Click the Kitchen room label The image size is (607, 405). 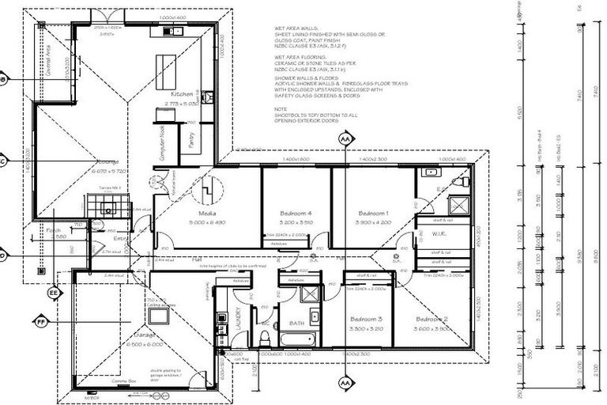171,94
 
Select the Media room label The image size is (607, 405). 208,214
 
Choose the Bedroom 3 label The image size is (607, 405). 367,319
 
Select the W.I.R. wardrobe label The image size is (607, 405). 442,234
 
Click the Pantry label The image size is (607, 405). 191,139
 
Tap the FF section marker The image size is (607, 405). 41,322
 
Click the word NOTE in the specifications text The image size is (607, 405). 281,108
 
